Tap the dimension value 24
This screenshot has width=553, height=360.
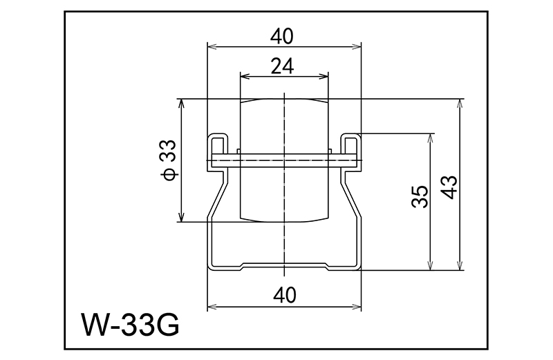click(283, 66)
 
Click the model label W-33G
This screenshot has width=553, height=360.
click(130, 324)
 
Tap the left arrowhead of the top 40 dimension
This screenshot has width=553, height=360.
click(212, 46)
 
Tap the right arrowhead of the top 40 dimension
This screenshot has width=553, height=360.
click(358, 46)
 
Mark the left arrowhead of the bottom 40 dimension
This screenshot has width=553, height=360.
click(212, 306)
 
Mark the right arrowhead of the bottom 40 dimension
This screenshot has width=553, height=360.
click(358, 306)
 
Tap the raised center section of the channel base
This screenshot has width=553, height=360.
click(285, 264)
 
